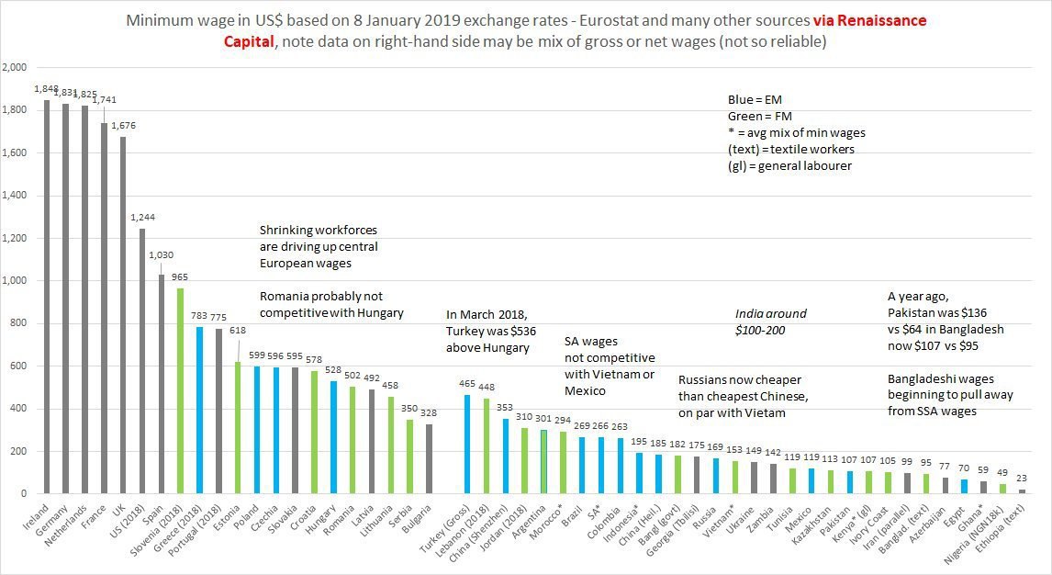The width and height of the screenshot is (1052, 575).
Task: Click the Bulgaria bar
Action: click(430, 459)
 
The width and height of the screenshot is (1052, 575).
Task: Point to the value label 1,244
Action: click(143, 218)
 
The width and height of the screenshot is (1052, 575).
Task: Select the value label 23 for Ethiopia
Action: click(1022, 478)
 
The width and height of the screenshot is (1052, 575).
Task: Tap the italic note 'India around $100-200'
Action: click(770, 321)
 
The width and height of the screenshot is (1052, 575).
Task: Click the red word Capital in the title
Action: click(249, 41)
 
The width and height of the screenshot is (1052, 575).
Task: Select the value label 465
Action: click(468, 383)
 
